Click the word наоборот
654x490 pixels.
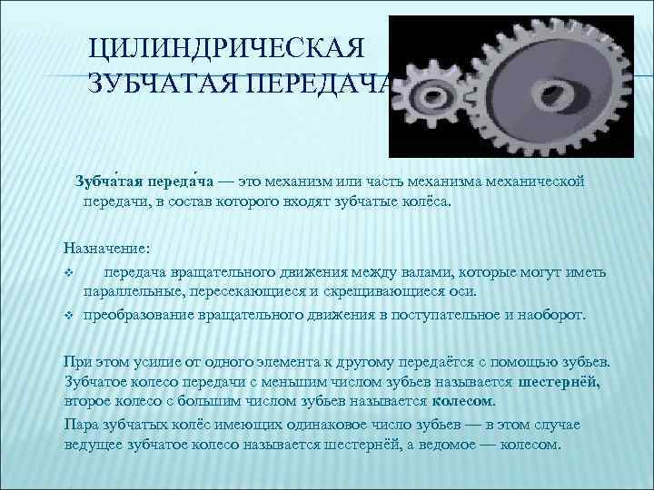coord(551,316)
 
